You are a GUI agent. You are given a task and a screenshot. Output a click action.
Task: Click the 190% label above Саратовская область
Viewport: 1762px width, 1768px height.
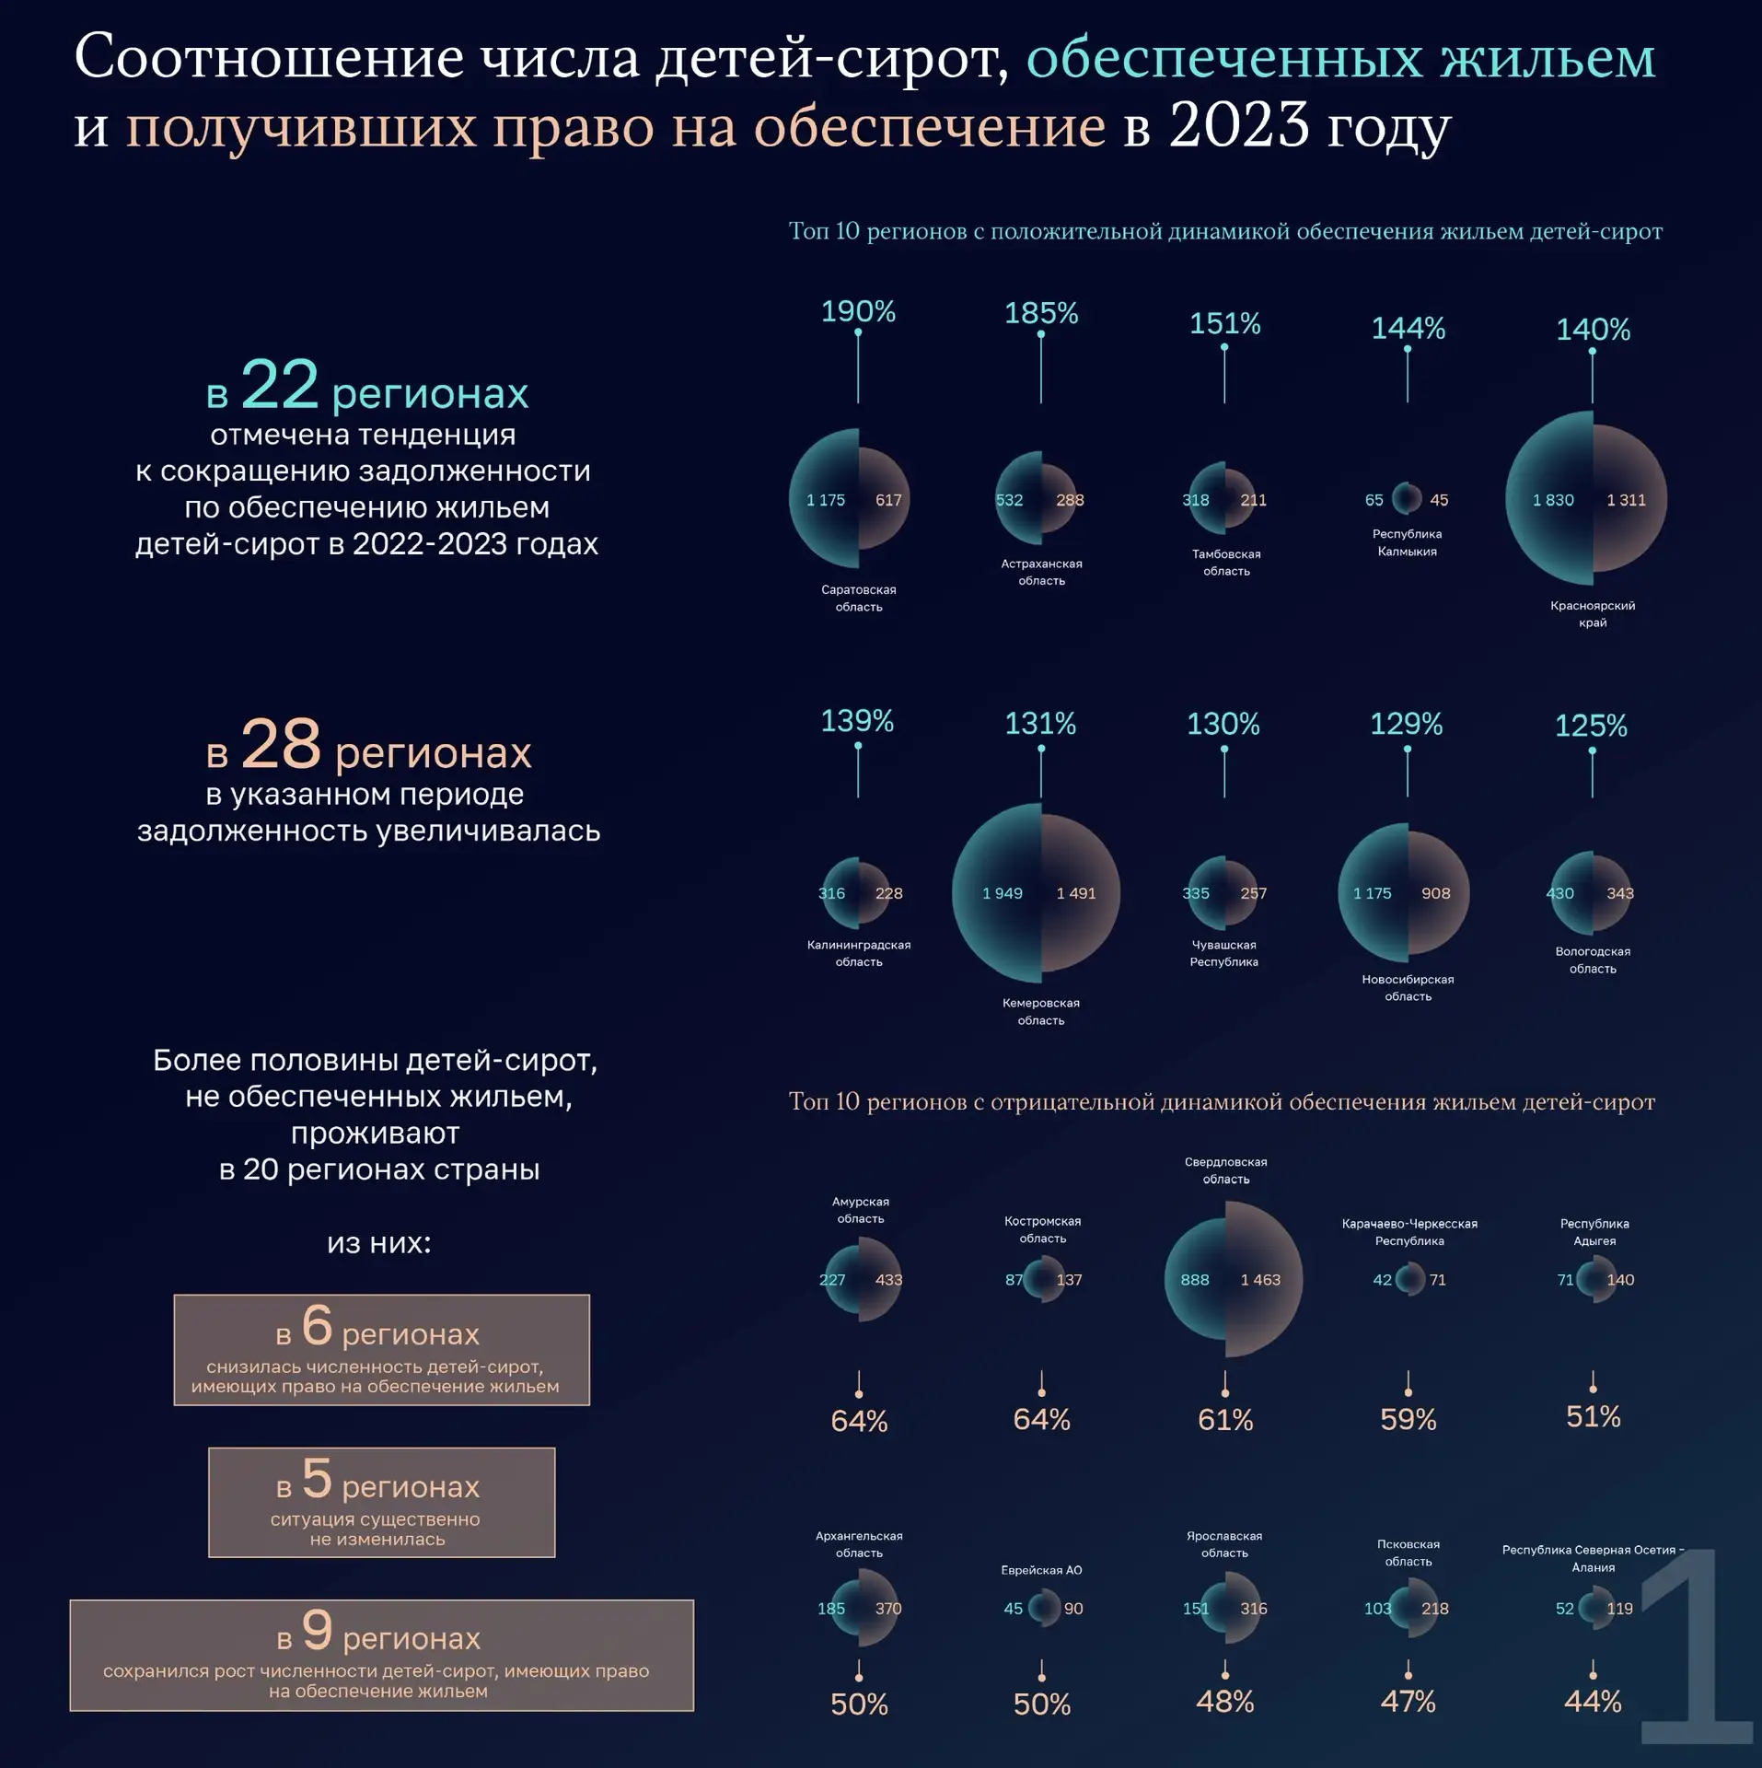pos(858,311)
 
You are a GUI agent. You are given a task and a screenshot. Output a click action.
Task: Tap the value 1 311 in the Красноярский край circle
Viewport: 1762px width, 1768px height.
pos(1626,500)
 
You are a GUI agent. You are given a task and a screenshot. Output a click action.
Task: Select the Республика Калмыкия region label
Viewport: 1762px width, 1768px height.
pos(1407,542)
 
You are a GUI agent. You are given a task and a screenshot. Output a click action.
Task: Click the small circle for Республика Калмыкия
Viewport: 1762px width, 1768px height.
pos(1406,498)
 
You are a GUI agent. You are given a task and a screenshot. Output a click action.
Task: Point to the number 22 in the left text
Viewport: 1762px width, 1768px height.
pos(279,384)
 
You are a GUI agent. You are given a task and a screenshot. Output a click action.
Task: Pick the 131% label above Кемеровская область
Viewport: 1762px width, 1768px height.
pos(1040,723)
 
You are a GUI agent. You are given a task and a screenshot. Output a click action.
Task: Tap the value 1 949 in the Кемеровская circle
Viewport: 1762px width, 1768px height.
pos(1002,893)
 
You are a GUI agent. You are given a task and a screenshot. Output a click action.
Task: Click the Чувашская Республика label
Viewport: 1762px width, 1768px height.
pos(1223,953)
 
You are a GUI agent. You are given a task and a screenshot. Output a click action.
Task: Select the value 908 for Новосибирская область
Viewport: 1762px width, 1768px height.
pos(1435,893)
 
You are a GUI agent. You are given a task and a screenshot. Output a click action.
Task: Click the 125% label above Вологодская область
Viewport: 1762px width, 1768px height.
pos(1591,726)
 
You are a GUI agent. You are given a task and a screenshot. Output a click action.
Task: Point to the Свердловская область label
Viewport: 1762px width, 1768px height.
pos(1225,1170)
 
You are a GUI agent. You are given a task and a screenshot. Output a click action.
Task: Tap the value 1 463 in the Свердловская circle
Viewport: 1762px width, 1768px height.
pos(1260,1280)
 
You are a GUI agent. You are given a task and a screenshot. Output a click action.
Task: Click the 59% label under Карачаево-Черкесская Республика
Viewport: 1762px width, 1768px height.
pos(1408,1419)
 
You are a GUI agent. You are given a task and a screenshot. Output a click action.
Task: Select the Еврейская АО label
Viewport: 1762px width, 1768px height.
pos(1041,1570)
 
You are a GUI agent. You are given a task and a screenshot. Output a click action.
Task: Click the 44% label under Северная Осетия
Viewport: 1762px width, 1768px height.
pos(1593,1701)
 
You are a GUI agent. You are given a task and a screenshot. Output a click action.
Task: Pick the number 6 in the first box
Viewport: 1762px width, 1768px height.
pos(317,1324)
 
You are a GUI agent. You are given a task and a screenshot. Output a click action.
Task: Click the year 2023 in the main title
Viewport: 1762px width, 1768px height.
pos(1238,125)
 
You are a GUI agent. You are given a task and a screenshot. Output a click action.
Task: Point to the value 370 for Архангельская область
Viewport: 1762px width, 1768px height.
pos(887,1609)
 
